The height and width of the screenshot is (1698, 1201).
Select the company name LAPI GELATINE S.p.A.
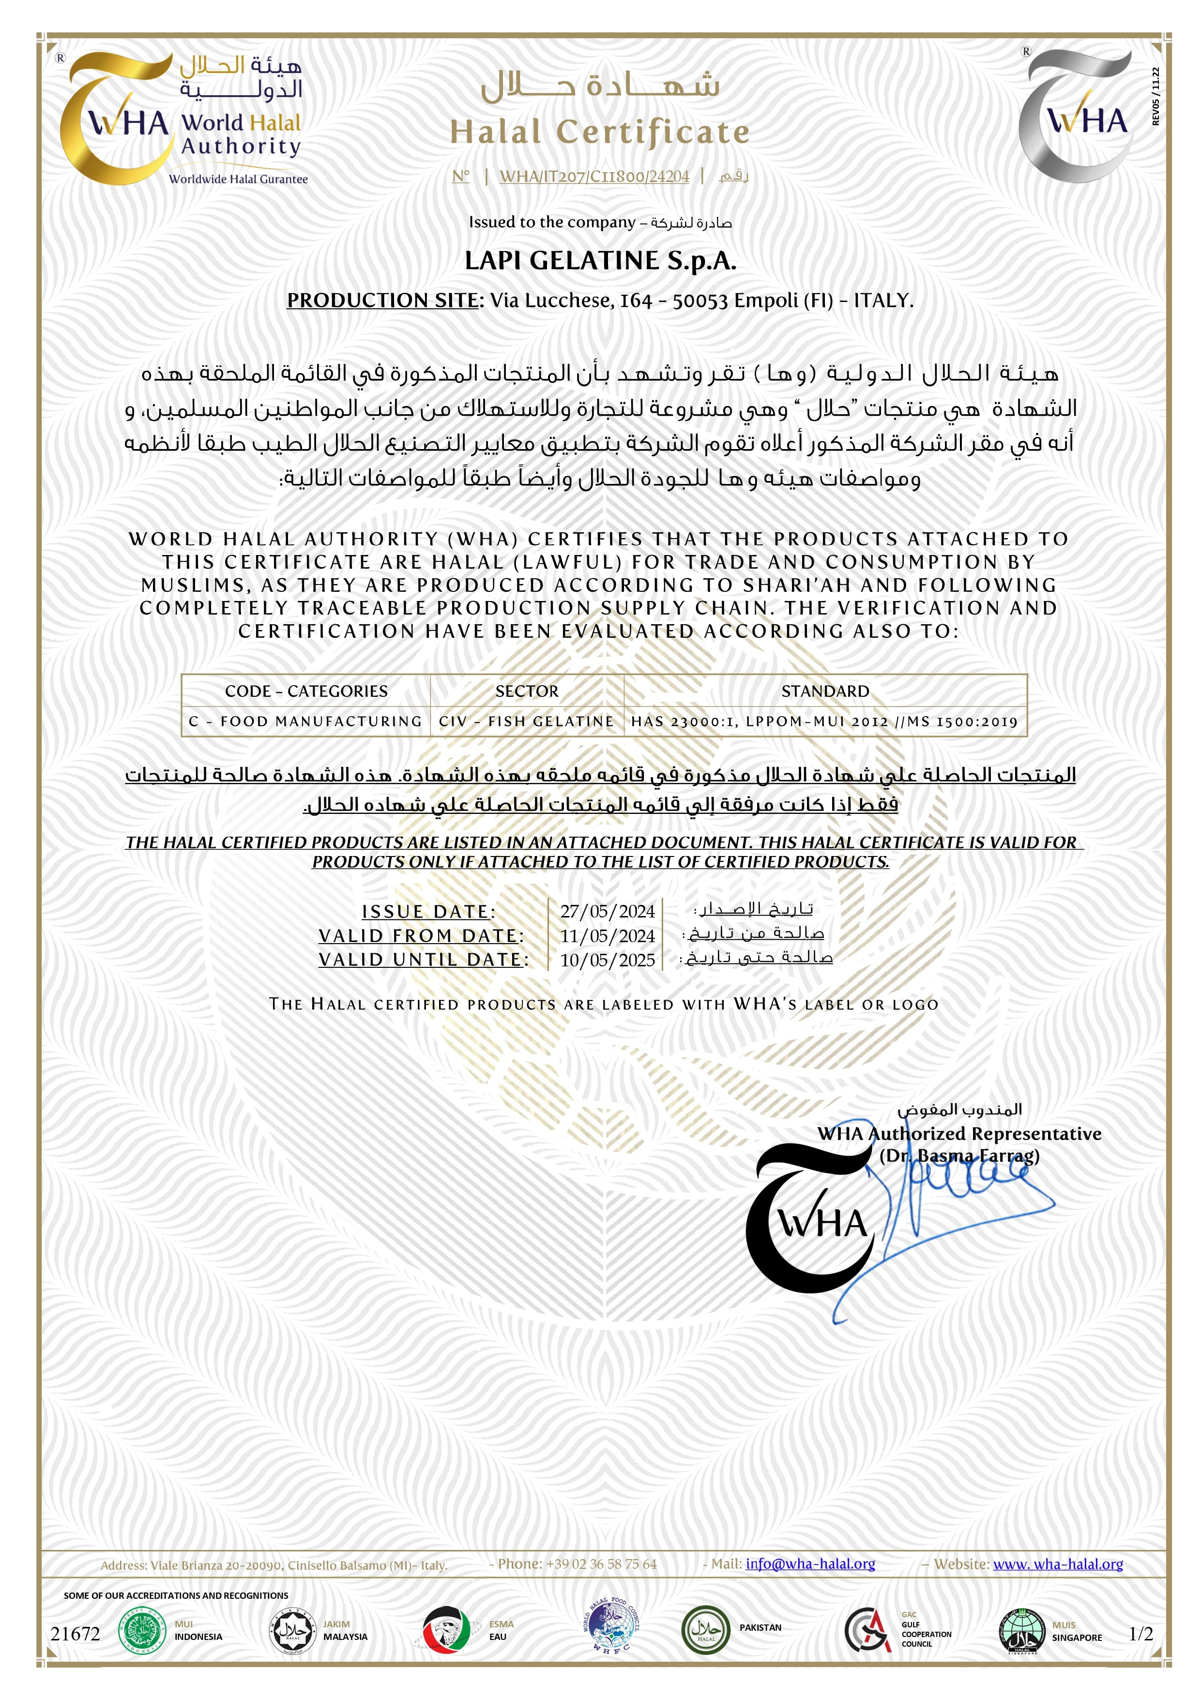[x=600, y=261]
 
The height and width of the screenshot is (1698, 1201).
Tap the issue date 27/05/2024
[x=607, y=911]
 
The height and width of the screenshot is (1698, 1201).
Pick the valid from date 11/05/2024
[x=607, y=935]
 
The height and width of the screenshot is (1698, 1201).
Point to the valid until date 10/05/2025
[x=607, y=960]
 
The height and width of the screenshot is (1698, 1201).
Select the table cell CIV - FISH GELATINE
[x=526, y=721]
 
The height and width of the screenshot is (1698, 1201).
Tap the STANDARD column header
[x=825, y=691]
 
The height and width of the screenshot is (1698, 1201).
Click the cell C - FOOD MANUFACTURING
[x=305, y=721]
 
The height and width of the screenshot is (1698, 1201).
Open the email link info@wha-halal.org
[x=810, y=1564]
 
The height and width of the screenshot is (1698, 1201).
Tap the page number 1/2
[x=1140, y=1634]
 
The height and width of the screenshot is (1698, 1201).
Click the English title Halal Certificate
[x=600, y=133]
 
